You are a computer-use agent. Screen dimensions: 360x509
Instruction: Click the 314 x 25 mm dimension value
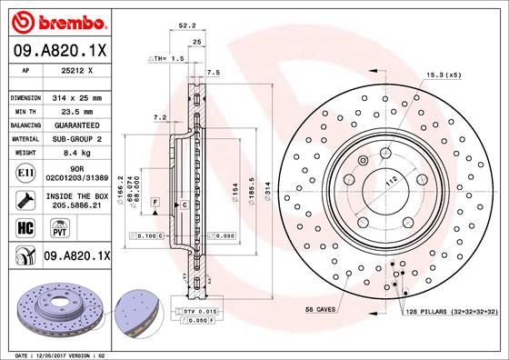[78, 95]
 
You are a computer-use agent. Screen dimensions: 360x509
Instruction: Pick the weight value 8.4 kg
[78, 153]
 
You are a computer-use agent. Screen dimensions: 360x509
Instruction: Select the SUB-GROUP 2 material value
[78, 138]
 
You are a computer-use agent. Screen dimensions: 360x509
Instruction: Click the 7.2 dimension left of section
[160, 116]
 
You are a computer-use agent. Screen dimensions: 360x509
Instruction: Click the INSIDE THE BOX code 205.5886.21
[78, 205]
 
